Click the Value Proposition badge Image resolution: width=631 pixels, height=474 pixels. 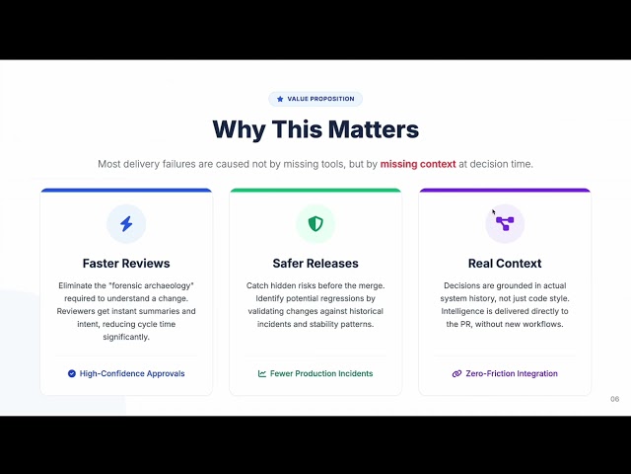315,99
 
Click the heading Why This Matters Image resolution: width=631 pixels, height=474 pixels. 315,129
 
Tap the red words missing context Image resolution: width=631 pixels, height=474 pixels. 418,164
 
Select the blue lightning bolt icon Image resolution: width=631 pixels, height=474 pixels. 126,224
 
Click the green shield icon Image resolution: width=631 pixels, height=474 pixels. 315,224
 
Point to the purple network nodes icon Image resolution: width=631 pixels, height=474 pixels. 505,224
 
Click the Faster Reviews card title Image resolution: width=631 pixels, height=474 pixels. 126,264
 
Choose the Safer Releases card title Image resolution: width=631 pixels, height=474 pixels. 315,264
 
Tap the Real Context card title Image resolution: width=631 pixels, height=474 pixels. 505,264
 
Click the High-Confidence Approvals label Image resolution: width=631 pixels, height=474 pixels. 132,374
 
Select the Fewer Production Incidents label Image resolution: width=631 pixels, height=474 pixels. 321,374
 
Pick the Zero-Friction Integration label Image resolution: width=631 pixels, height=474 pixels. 511,374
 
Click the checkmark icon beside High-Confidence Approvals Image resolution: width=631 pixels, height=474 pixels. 72,374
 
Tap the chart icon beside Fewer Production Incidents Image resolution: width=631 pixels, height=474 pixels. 262,374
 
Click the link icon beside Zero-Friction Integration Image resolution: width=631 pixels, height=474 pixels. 456,374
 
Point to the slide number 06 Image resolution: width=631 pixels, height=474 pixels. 615,400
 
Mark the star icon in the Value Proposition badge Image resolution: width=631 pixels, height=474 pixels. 280,99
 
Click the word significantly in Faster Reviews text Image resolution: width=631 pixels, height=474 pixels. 126,337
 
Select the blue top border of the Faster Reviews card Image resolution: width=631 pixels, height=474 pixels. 126,191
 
